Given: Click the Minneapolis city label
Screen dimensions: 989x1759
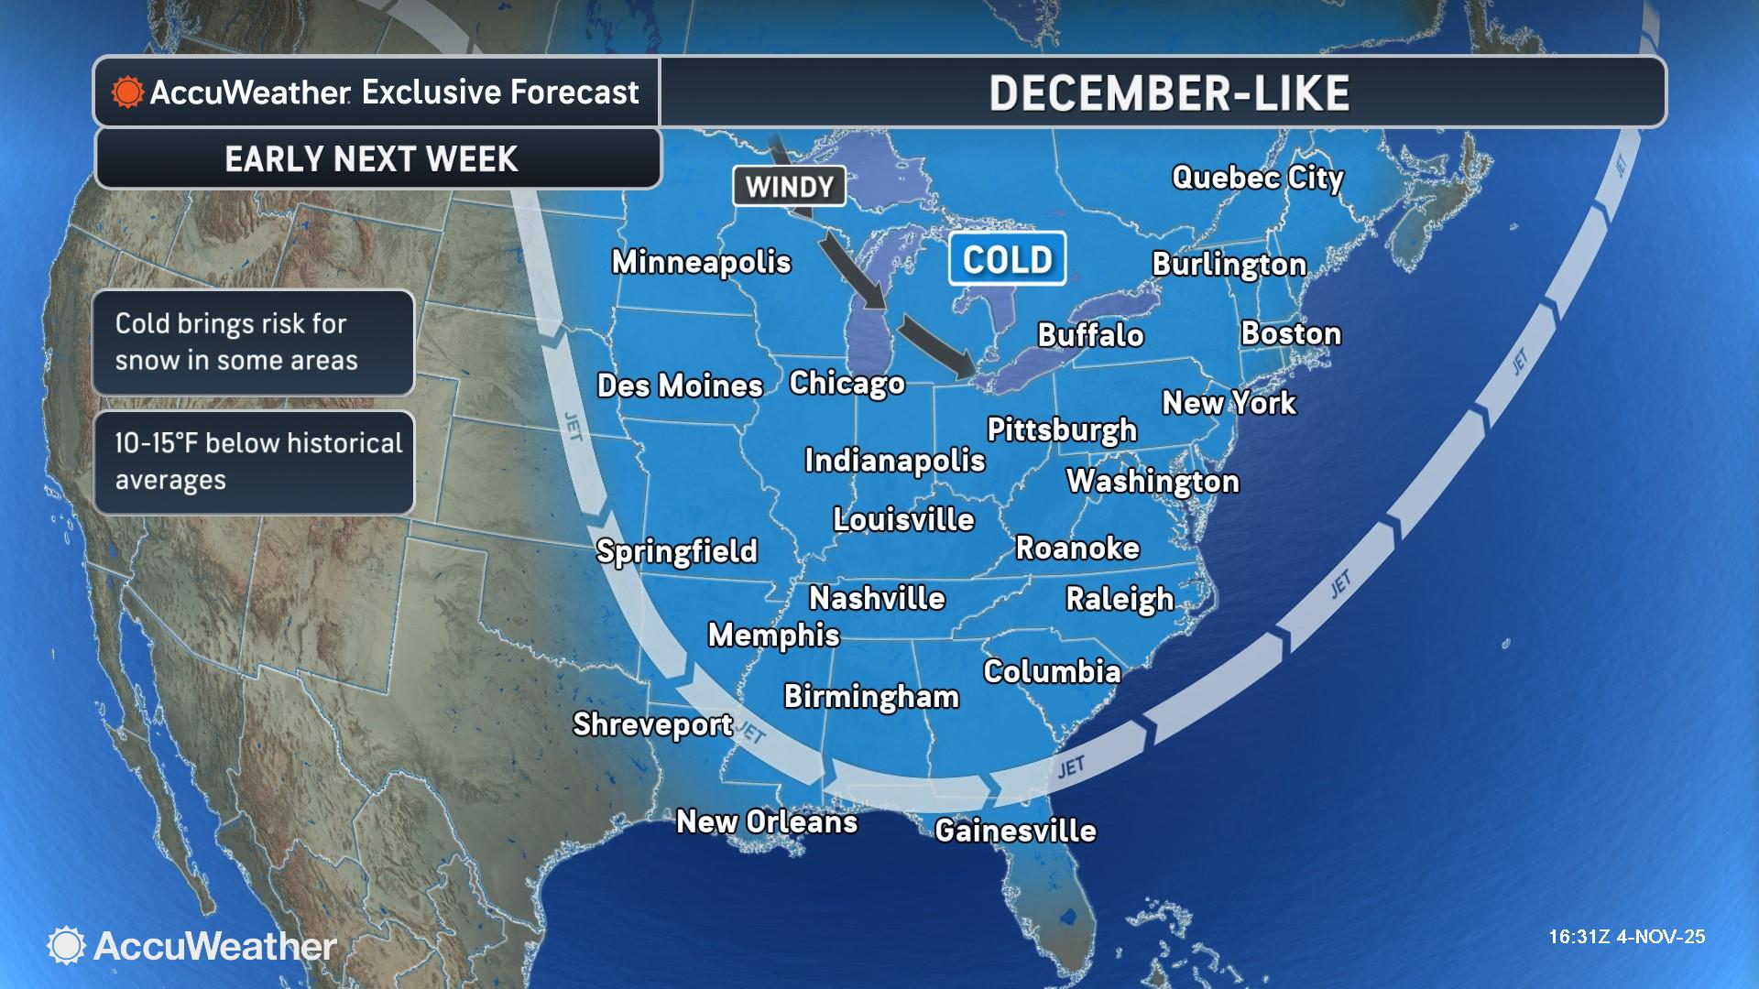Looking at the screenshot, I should tap(701, 262).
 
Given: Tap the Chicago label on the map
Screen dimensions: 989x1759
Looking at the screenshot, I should tap(847, 383).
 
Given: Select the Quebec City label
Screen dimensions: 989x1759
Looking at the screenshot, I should tap(1257, 177).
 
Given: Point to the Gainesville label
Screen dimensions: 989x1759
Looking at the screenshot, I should tap(1015, 831).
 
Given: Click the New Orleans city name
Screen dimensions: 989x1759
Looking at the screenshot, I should tap(767, 821).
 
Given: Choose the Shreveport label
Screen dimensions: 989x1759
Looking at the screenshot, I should tap(652, 724).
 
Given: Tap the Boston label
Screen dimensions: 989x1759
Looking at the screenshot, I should tap(1290, 333).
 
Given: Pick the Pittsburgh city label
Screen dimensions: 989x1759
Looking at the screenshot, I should tap(1061, 429).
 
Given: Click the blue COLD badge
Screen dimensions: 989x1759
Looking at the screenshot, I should tap(1007, 259).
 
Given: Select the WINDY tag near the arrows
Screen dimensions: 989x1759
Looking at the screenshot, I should tap(789, 187).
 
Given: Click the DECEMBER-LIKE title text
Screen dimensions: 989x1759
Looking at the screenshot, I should tap(1169, 92).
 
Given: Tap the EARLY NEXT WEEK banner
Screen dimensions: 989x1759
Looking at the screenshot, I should tap(372, 158).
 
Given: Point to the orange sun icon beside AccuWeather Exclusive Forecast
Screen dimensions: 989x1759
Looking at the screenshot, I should tap(127, 92).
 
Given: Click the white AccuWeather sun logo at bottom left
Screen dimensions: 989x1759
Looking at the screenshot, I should tap(66, 946).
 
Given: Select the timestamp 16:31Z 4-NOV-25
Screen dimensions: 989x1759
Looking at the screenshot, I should tap(1626, 937).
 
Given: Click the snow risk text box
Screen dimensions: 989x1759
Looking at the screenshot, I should tap(254, 342).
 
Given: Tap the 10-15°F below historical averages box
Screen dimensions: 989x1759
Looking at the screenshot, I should tap(254, 462).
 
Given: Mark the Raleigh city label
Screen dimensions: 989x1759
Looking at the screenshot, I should tap(1119, 599).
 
